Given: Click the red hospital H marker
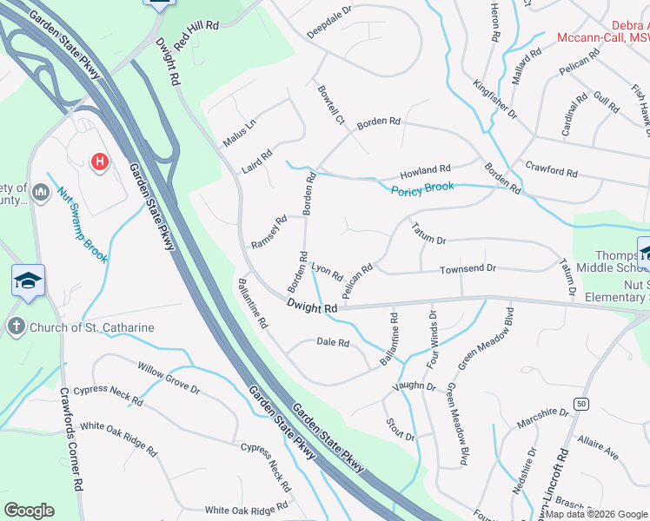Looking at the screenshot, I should [x=100, y=162].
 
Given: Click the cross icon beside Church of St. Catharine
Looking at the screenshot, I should [x=15, y=326].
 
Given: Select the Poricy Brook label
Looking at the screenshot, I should [x=422, y=188].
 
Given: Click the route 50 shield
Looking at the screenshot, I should [x=581, y=404].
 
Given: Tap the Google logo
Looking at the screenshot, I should [x=29, y=511].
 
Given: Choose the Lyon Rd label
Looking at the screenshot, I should [x=327, y=271].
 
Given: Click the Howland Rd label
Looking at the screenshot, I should [x=425, y=170].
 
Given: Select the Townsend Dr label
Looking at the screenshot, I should [x=467, y=269].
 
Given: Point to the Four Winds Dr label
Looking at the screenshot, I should [x=432, y=338].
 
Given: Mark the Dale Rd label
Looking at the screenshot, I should [x=333, y=343].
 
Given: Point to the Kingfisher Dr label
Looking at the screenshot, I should [x=495, y=99].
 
